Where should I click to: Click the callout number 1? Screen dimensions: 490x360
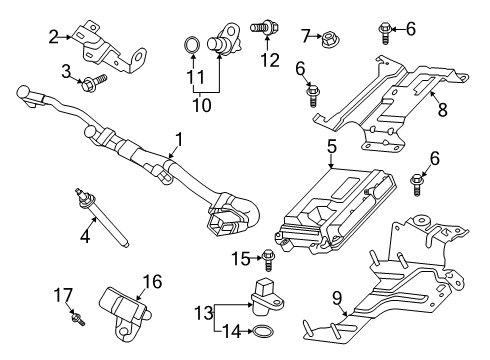click(179, 140)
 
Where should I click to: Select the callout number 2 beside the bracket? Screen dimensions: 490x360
click(53, 37)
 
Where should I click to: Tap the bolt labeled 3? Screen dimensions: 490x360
click(94, 81)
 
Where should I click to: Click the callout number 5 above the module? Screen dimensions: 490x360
click(332, 147)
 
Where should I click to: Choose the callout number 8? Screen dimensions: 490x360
click(442, 109)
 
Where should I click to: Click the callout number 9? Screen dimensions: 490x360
click(337, 298)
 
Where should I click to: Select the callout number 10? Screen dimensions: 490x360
click(202, 105)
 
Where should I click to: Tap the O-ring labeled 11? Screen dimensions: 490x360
click(192, 46)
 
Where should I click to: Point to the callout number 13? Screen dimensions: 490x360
click(204, 313)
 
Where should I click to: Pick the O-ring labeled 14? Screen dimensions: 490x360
click(264, 332)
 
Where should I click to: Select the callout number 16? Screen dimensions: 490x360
click(152, 282)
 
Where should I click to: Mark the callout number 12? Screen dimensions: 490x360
click(270, 60)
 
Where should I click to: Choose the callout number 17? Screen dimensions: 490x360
click(63, 295)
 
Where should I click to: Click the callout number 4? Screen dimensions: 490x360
click(85, 237)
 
